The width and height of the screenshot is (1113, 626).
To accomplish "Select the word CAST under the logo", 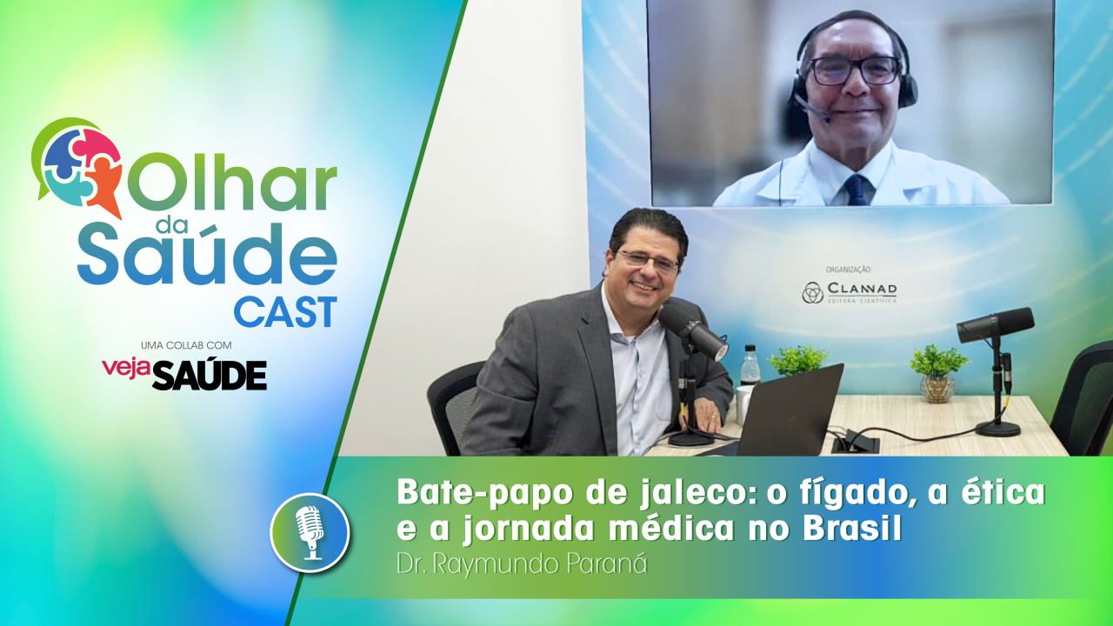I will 284,312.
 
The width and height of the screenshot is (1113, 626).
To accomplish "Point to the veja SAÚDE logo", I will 184,373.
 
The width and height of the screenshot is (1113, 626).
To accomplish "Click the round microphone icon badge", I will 310,532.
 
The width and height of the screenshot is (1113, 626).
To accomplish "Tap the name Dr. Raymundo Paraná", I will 522,563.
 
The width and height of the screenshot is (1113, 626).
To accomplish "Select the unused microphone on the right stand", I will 995,324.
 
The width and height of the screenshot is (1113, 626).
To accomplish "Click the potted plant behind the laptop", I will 796,359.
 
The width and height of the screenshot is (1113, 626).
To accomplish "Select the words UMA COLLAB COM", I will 185,345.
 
